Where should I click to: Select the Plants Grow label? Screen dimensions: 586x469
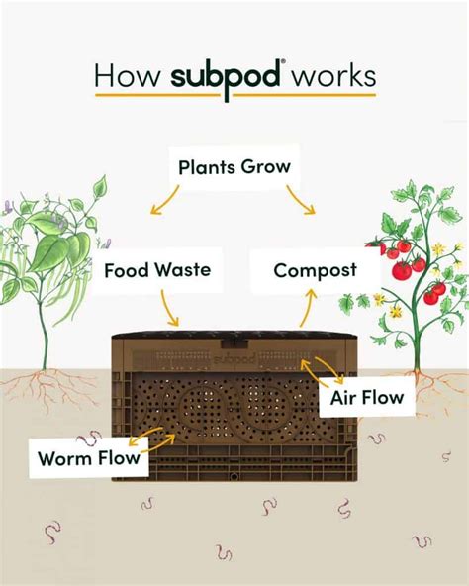[x=234, y=166]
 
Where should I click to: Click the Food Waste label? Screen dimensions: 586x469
[x=156, y=268]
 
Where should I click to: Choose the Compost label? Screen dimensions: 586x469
[x=315, y=270]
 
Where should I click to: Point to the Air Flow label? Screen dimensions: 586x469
[x=368, y=398]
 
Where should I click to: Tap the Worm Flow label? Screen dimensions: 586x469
[x=89, y=458]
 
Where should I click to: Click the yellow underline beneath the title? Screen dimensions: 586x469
[x=234, y=96]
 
